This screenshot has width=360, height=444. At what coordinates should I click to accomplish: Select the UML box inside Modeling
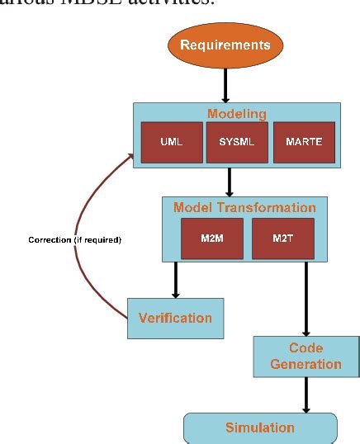pyautogui.click(x=172, y=141)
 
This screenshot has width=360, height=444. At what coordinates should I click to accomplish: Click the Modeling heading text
pyautogui.click(x=236, y=114)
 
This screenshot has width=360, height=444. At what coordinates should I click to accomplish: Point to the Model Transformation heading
pyautogui.click(x=244, y=207)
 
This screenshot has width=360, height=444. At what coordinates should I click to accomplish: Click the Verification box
pyautogui.click(x=174, y=318)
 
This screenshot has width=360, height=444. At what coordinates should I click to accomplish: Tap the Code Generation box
pyautogui.click(x=306, y=357)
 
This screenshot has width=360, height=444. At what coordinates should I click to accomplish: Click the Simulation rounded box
pyautogui.click(x=260, y=427)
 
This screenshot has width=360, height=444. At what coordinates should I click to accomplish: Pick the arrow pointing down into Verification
pyautogui.click(x=175, y=281)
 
